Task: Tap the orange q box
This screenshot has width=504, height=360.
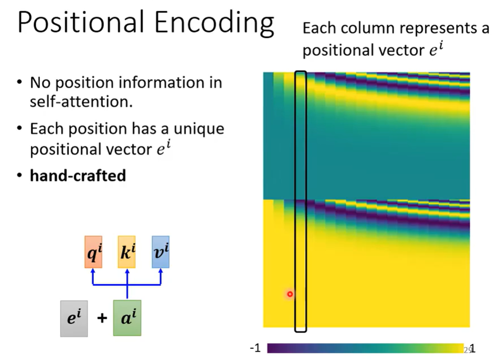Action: (x=93, y=252)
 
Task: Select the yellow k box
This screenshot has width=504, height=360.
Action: (x=127, y=252)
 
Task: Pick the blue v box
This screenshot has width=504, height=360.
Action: (x=160, y=252)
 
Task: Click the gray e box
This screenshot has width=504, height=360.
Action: (x=74, y=318)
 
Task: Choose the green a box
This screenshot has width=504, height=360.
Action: (x=127, y=318)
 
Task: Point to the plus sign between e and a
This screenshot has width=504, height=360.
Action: (x=102, y=319)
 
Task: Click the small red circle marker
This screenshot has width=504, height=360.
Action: (x=290, y=294)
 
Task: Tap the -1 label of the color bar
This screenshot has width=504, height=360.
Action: (x=255, y=348)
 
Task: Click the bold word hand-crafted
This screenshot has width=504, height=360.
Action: (x=78, y=176)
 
